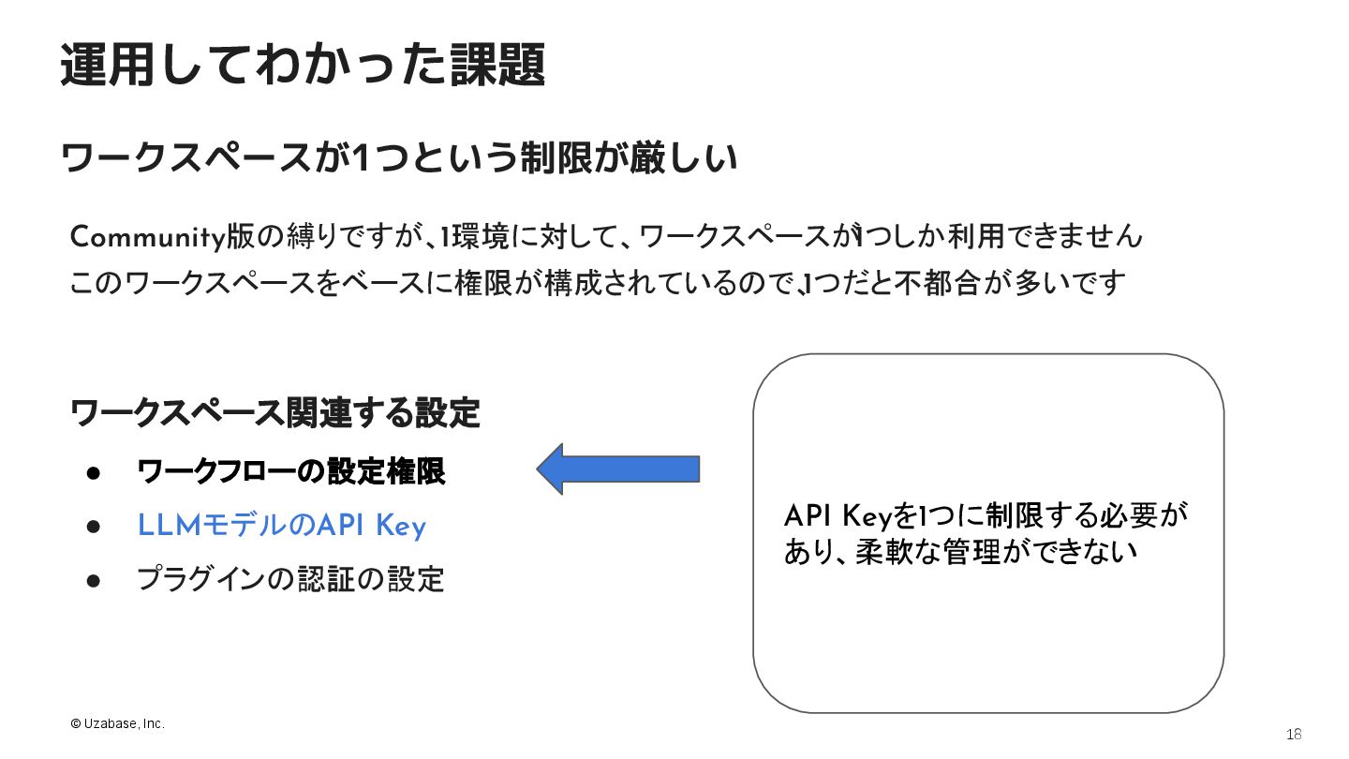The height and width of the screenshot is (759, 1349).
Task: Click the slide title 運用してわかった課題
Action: point(303,66)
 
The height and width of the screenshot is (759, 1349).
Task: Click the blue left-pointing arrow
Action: point(618,469)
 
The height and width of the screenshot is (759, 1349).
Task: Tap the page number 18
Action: point(1295,734)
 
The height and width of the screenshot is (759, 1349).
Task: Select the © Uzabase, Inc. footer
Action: point(117,724)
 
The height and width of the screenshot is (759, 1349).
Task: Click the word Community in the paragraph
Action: point(147,237)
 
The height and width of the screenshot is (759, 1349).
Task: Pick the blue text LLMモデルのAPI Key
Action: point(281,526)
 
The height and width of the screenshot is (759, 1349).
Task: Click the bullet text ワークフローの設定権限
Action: point(290,471)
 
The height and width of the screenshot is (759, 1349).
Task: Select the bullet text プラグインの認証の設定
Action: point(290,579)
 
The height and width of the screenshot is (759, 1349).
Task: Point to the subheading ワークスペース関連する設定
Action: point(275,412)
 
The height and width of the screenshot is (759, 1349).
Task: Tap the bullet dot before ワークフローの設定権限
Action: point(94,472)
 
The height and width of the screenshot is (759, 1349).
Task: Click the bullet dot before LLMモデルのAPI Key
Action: point(94,527)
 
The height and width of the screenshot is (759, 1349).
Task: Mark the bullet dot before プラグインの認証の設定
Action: point(94,580)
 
